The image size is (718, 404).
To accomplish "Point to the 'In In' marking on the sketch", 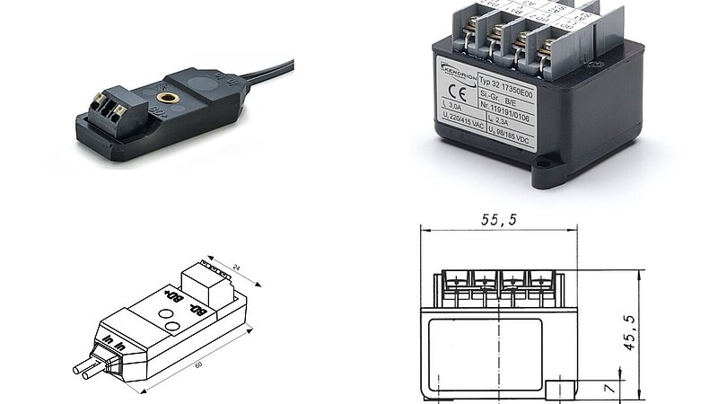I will (x=112, y=343).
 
